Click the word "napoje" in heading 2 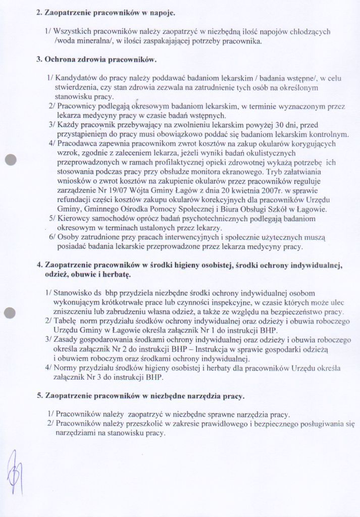(162, 12)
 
